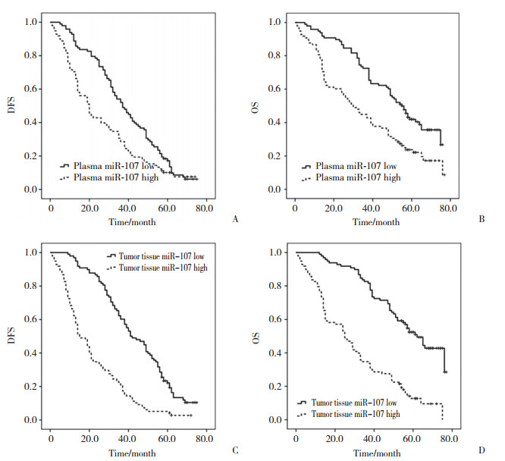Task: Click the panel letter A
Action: point(235,219)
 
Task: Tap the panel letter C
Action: point(235,450)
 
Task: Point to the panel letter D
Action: point(483,450)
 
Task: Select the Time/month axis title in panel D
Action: point(372,453)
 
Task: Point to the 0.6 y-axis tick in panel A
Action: point(29,89)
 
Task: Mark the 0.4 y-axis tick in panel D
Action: point(274,353)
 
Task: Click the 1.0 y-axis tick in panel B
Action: point(274,22)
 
